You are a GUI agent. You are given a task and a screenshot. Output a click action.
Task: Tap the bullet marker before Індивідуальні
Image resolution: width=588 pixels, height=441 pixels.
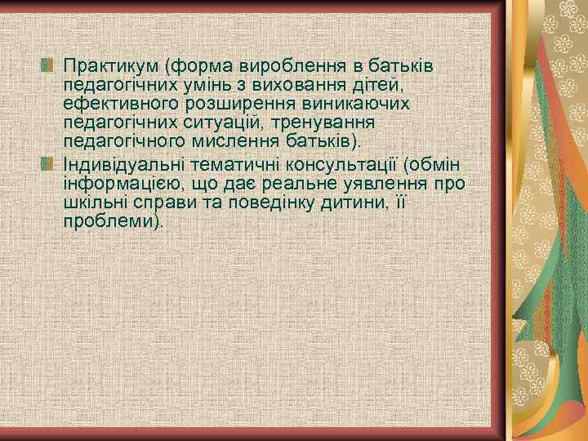click(x=47, y=163)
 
